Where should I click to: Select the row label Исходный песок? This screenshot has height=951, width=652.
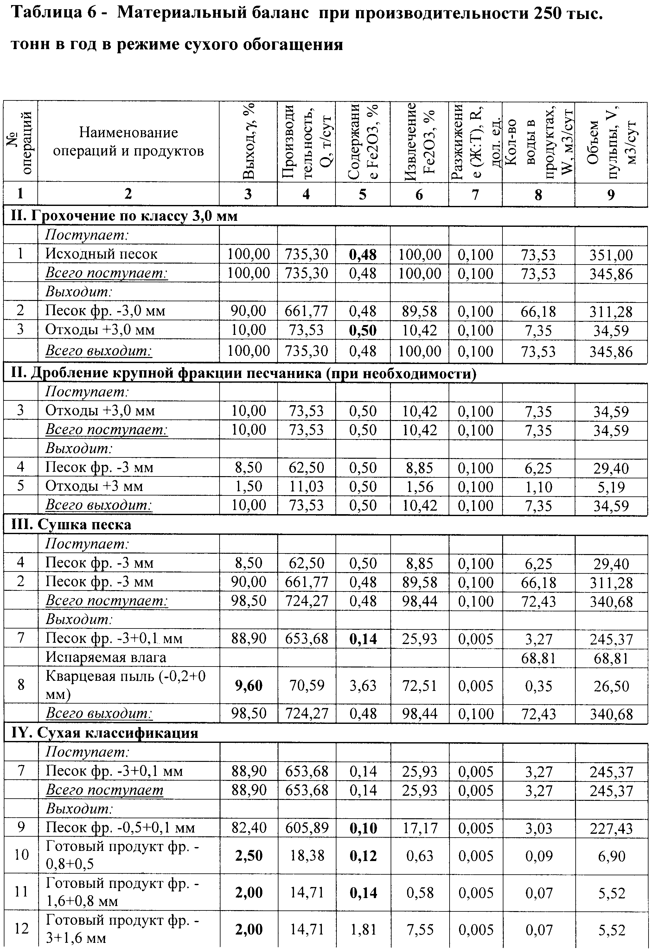(x=101, y=254)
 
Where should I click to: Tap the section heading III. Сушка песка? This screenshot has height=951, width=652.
(x=71, y=525)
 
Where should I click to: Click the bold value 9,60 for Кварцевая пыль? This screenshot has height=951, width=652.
(x=248, y=686)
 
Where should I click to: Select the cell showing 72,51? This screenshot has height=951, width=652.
(x=419, y=686)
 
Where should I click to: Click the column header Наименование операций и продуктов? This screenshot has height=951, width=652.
(x=129, y=142)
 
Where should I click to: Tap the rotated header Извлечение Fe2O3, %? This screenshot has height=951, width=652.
(x=419, y=142)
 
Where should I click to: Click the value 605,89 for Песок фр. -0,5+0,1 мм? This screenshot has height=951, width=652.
(x=307, y=828)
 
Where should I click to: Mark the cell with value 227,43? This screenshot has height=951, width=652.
(x=611, y=828)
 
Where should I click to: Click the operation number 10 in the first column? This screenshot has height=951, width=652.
(x=21, y=854)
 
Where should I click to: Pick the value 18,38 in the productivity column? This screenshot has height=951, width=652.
(x=307, y=855)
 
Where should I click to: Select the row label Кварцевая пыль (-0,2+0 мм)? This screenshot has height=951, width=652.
(x=125, y=686)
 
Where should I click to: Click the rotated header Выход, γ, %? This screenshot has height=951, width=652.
(x=248, y=142)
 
